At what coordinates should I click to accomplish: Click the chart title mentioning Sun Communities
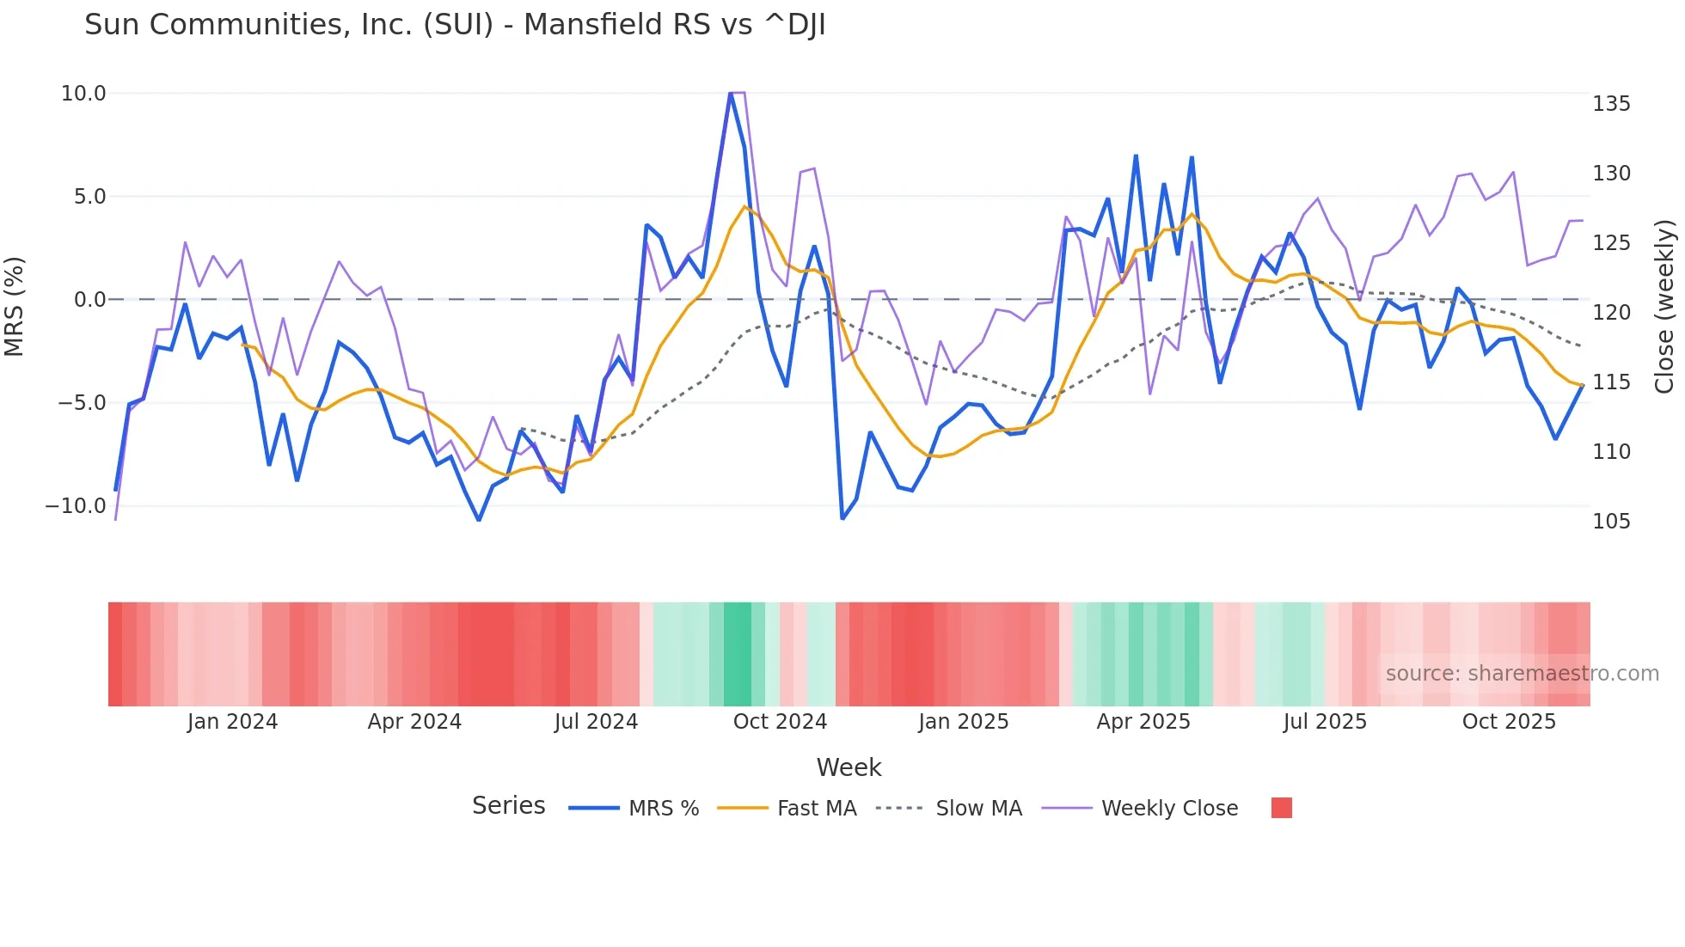pyautogui.click(x=455, y=25)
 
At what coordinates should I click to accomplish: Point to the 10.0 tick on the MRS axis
pyautogui.click(x=83, y=94)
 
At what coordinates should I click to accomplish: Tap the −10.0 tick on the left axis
pyautogui.click(x=76, y=506)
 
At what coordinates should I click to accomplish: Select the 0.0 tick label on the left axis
pyautogui.click(x=89, y=300)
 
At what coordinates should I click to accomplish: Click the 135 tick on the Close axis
pyautogui.click(x=1611, y=104)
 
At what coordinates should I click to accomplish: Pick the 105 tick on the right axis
pyautogui.click(x=1611, y=522)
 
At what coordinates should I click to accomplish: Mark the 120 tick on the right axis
pyautogui.click(x=1611, y=313)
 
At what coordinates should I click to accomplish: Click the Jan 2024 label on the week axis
pyautogui.click(x=232, y=722)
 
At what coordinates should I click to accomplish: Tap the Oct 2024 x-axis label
pyautogui.click(x=780, y=722)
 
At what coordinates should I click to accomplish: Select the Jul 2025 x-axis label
pyautogui.click(x=1325, y=722)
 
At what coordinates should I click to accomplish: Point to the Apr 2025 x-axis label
pyautogui.click(x=1143, y=722)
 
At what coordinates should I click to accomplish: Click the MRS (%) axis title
pyautogui.click(x=15, y=306)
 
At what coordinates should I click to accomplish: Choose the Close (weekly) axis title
pyautogui.click(x=1665, y=307)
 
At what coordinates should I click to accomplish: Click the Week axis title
pyautogui.click(x=849, y=767)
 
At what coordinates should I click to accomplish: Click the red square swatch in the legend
pyautogui.click(x=1281, y=808)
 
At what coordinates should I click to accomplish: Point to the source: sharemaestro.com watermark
pyautogui.click(x=1522, y=674)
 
